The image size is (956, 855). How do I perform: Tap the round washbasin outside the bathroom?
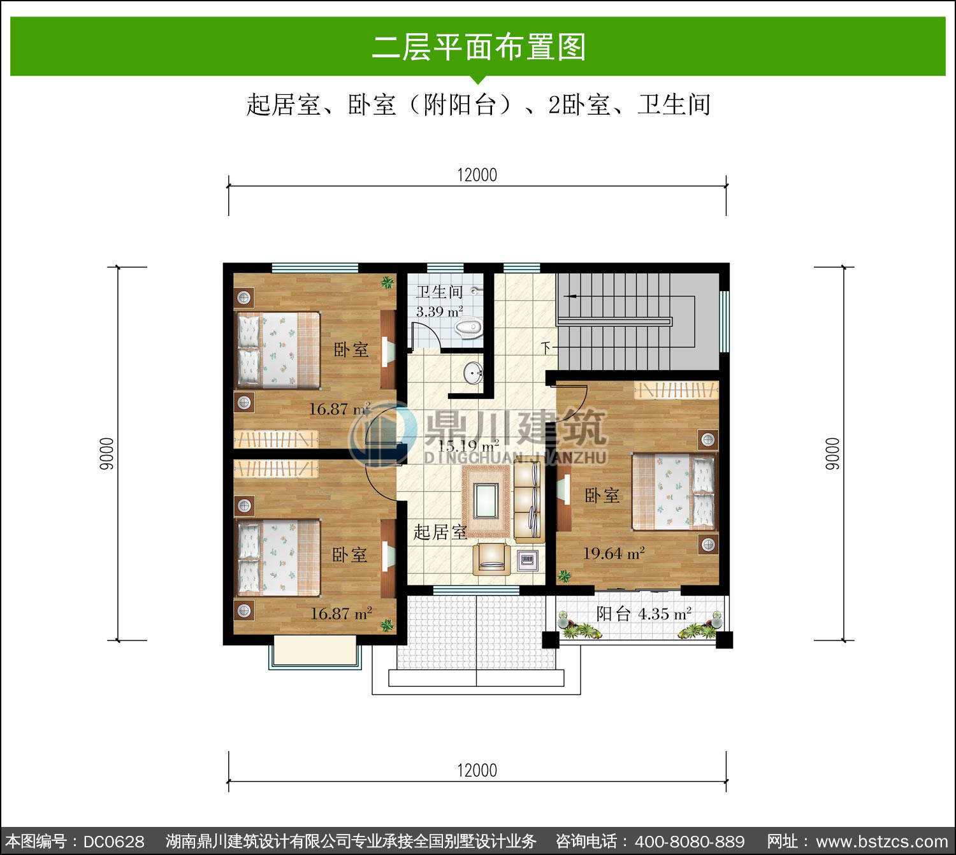[473, 373]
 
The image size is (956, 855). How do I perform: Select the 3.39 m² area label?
[439, 312]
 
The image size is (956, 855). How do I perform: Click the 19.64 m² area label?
[614, 553]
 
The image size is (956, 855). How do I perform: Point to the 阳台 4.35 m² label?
[644, 614]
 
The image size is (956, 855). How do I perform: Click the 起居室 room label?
[440, 532]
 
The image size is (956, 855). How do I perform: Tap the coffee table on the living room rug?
[486, 501]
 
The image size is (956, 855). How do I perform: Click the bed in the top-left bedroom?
[278, 350]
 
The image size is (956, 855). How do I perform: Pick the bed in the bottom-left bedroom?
[278, 557]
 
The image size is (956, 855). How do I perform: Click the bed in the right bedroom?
[674, 491]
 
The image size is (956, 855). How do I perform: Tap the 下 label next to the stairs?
[546, 348]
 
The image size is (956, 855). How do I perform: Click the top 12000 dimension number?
[477, 175]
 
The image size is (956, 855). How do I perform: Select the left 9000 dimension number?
[106, 454]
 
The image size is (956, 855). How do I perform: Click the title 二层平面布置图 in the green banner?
[479, 47]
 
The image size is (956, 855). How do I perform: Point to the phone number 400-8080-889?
[690, 842]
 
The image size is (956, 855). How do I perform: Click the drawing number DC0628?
[113, 842]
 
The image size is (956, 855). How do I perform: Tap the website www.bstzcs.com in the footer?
[882, 842]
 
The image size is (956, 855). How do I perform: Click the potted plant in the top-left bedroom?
[387, 282]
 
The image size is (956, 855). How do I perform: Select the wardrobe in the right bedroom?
[676, 390]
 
